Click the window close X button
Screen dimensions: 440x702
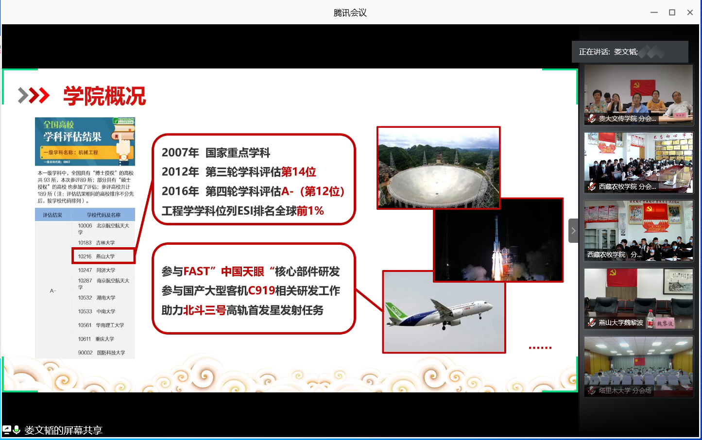690,13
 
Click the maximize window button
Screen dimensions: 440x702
672,13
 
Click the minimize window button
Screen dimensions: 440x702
654,13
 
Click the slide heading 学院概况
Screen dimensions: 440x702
104,96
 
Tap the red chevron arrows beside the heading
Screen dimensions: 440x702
34,96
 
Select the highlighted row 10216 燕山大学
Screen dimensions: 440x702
103,256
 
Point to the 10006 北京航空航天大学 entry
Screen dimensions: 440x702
103,228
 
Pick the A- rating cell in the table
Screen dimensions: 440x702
53,290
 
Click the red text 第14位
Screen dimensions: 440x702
298,172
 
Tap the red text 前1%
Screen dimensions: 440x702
310,211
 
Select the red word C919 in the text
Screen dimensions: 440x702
261,290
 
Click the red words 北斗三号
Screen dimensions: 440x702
205,310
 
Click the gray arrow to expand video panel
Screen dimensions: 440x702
573,231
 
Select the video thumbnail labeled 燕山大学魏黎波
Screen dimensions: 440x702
638,299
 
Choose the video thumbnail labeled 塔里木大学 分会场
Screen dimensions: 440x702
638,367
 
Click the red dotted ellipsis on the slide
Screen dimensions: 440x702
540,348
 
